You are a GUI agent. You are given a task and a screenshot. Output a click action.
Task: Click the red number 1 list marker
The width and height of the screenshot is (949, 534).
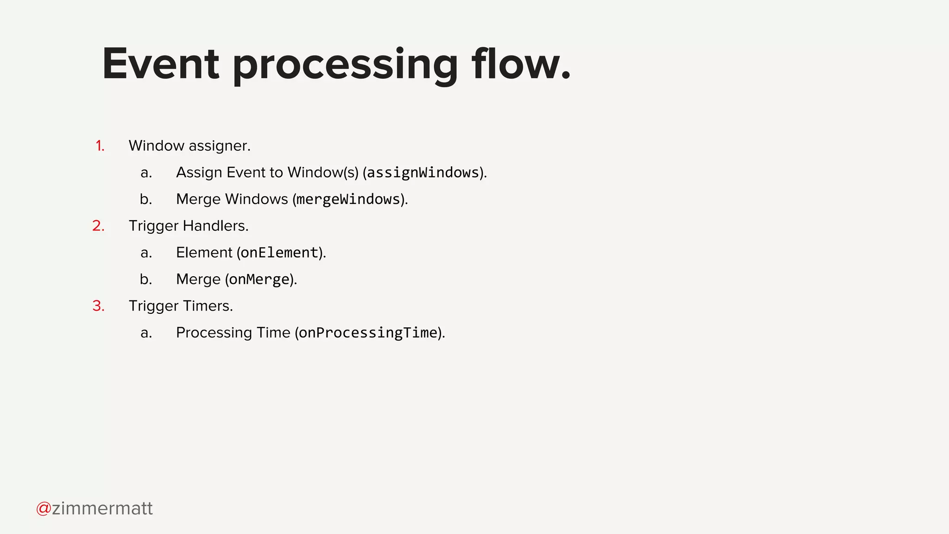click(100, 146)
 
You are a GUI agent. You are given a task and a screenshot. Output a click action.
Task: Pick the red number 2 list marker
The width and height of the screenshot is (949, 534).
click(98, 226)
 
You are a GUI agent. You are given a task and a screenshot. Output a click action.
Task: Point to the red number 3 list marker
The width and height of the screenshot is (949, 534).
click(98, 306)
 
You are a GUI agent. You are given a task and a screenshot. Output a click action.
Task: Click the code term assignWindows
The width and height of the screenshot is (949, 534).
click(423, 173)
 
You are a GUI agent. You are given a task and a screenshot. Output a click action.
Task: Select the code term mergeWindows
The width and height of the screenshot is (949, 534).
click(348, 199)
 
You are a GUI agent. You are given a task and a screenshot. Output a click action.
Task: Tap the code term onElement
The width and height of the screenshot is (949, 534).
click(279, 253)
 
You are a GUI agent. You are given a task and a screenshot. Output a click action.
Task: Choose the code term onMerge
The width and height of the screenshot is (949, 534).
click(259, 280)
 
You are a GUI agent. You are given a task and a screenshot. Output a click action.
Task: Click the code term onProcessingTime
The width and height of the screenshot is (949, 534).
click(368, 333)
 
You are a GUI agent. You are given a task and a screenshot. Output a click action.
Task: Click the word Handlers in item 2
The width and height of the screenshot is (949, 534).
click(215, 226)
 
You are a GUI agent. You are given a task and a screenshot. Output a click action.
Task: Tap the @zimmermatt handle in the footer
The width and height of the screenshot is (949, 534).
click(95, 509)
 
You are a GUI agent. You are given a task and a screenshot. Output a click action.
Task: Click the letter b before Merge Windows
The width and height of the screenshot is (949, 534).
click(146, 199)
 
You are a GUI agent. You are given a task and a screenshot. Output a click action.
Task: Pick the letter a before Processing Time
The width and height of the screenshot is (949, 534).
click(146, 333)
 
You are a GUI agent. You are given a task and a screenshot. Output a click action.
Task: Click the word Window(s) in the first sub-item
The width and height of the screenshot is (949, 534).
click(323, 172)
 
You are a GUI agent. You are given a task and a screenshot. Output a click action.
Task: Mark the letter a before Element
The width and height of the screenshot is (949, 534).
click(146, 253)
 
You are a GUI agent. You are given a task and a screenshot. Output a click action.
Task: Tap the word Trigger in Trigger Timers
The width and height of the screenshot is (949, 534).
click(153, 306)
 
